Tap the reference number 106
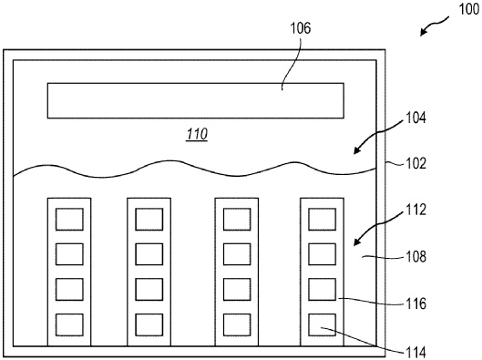[x=300, y=28]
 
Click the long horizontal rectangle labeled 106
[x=195, y=100]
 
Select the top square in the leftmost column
[x=69, y=219]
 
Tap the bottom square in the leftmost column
[x=69, y=323]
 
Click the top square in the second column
[x=148, y=219]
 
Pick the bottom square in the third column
[x=236, y=323]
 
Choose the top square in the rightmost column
[x=322, y=219]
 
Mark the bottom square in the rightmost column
[x=322, y=323]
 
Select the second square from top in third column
[x=236, y=252]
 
